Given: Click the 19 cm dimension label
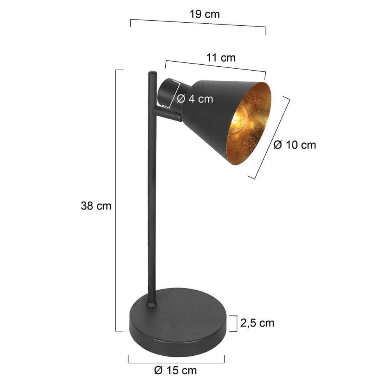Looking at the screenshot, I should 205,14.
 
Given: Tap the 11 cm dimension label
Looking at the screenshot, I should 221,58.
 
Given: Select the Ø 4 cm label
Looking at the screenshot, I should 195,99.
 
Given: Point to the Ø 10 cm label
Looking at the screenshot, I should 294,145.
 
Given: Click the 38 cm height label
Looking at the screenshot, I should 96,206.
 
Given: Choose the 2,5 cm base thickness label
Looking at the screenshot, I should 257,323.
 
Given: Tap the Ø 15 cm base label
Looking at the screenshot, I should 175,370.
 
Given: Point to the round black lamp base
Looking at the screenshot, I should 177,324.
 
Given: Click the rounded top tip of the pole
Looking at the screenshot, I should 152,73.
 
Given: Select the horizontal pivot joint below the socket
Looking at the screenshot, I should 167,113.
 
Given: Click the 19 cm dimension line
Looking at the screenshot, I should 198,23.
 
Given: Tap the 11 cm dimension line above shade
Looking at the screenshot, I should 215,66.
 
